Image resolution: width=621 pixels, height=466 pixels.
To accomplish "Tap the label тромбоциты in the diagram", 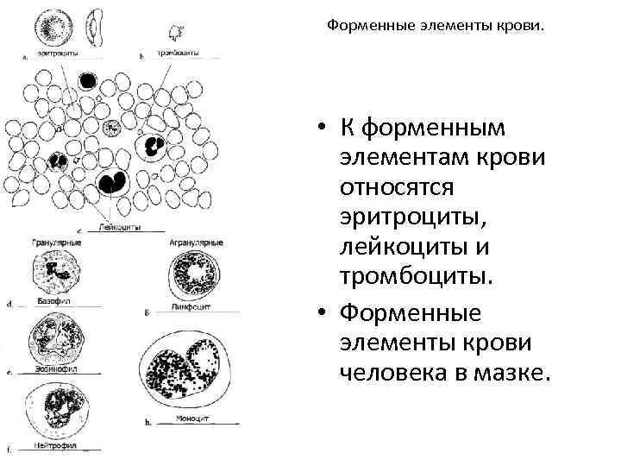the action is tap(179, 54).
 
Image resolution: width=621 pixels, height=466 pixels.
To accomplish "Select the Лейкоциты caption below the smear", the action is tap(120, 228).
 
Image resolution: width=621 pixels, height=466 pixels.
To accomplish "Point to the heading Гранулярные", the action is tap(56, 242).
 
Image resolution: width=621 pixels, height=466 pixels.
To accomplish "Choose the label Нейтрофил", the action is tap(57, 446).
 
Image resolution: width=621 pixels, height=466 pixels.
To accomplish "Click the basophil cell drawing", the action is tap(55, 274).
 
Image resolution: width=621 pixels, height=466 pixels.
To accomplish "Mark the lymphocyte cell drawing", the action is tap(193, 275).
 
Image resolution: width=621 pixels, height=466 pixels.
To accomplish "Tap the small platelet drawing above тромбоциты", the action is tap(179, 32).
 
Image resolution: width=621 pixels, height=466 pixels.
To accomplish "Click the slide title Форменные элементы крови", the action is tap(436, 26).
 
